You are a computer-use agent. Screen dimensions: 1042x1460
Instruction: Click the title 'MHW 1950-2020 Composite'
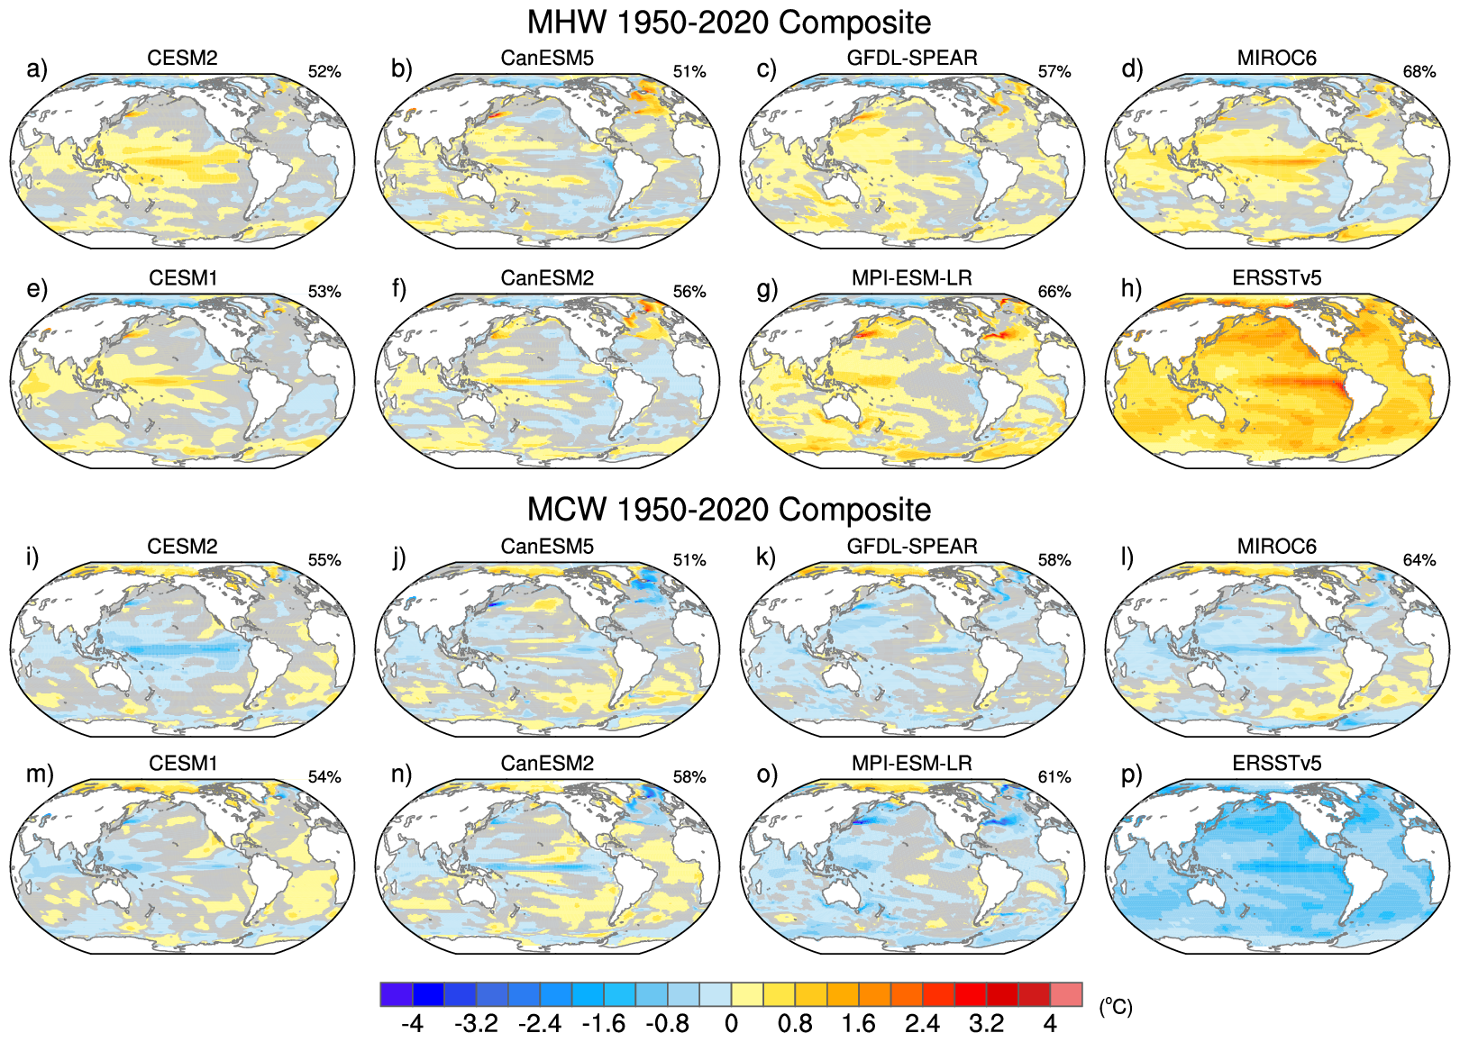tap(728, 23)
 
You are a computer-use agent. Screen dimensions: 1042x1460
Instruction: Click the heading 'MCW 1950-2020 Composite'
tap(728, 510)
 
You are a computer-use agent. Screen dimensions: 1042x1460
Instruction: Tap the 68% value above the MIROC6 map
tap(1419, 72)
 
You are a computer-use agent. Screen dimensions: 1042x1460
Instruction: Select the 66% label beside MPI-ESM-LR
tap(1054, 292)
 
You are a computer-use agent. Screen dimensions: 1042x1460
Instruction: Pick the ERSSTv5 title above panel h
tap(1276, 278)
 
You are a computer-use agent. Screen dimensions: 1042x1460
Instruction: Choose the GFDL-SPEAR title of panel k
tap(912, 547)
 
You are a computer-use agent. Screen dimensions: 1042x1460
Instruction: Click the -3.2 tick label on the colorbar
tap(476, 1024)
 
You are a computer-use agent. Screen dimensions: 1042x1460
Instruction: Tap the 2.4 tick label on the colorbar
tap(922, 1024)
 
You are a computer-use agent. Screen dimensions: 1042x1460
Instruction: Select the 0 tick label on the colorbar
tap(731, 1024)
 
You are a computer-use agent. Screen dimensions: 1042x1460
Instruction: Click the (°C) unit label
tap(1115, 1007)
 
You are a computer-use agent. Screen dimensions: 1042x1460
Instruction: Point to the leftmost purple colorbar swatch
tap(397, 994)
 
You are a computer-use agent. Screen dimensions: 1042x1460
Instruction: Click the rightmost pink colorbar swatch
tap(1066, 994)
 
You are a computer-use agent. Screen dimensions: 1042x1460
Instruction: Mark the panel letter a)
tap(37, 69)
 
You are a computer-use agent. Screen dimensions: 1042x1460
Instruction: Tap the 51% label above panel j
tap(689, 560)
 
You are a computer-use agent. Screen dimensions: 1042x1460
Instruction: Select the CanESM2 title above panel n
tap(547, 764)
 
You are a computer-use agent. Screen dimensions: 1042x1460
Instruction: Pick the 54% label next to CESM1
tap(324, 777)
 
